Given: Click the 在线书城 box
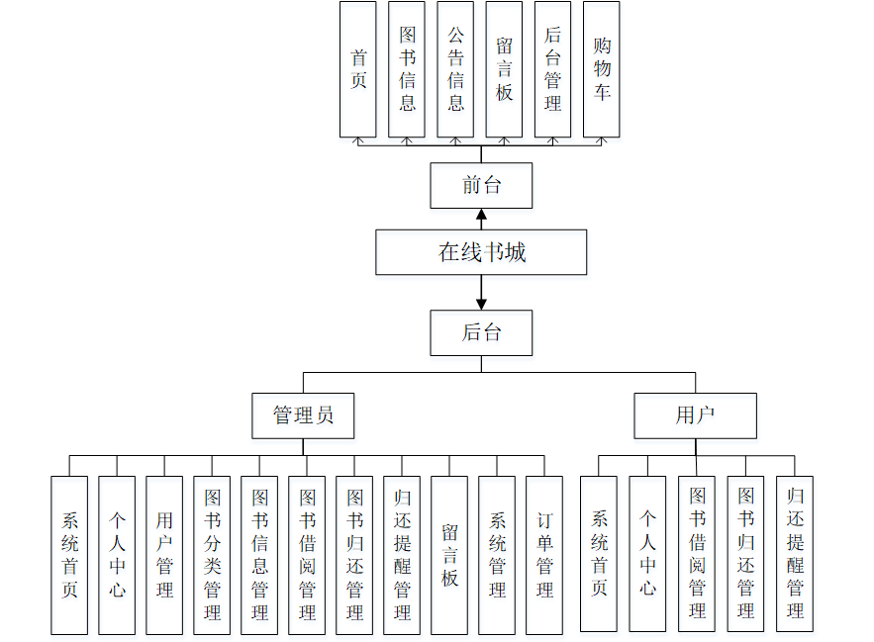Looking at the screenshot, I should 481,252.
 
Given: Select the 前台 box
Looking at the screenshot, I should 481,186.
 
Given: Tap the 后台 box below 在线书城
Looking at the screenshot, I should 481,332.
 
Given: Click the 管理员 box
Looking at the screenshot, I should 303,415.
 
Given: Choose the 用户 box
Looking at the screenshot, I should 695,415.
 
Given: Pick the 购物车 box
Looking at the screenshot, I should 602,69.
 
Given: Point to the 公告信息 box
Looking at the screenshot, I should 455,69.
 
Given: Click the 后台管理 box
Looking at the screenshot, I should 552,69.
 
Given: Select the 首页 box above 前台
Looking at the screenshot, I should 358,69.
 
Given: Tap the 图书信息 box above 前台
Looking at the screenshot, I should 407,69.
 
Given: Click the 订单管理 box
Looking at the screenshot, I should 544,555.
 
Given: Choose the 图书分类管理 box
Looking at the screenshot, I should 212,555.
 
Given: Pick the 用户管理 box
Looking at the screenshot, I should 164,555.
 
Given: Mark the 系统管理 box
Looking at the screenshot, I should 497,555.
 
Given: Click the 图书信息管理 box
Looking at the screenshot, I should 259,555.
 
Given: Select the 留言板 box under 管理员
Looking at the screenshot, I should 449,555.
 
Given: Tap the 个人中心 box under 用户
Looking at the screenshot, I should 647,554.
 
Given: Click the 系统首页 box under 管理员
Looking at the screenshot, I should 69,555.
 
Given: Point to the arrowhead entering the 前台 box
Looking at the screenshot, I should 481,216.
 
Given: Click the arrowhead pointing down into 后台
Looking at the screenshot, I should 481,304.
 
